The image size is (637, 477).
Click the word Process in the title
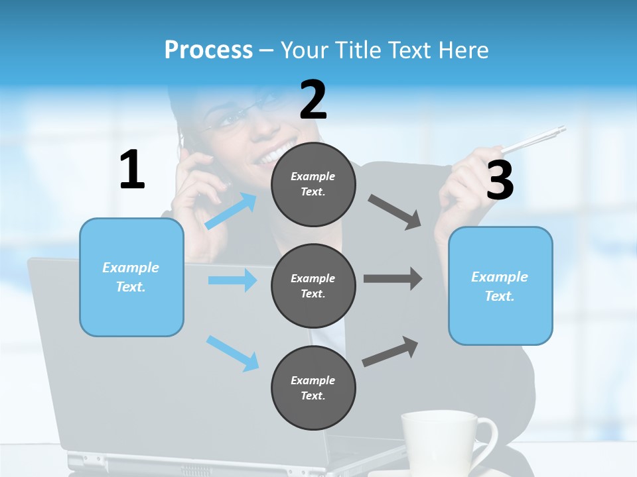(208, 50)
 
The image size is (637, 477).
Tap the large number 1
(132, 170)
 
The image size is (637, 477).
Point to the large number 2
(313, 100)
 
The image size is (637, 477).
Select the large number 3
(500, 180)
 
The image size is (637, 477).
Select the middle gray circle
(313, 286)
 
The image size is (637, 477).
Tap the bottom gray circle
(313, 388)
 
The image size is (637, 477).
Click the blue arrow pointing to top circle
(231, 211)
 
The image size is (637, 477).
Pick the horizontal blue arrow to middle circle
(232, 280)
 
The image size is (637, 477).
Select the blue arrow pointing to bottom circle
(232, 353)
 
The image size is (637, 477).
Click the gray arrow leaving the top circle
(395, 212)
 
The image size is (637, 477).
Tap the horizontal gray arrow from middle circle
(393, 279)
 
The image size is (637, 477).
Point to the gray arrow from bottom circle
(390, 352)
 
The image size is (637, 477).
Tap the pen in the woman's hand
(534, 140)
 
